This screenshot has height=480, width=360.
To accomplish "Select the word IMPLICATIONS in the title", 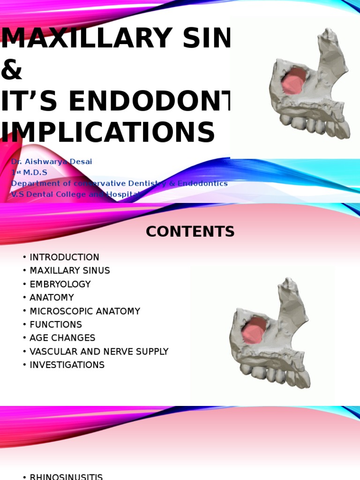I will [108, 132].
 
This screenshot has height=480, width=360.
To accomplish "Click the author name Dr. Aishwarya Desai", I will [52, 162].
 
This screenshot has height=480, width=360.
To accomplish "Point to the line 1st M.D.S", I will [29, 172].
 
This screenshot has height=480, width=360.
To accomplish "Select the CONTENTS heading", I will [190, 232].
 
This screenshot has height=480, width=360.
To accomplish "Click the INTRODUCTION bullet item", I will [64, 257].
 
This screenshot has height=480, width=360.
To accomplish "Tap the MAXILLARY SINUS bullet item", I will [69, 270].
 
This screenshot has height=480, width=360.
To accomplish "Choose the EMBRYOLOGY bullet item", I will [60, 284].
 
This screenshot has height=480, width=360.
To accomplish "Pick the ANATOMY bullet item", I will [52, 298].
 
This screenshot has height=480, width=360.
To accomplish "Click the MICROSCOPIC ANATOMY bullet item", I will [85, 311].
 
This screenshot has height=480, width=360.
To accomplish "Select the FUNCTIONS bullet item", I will [56, 324].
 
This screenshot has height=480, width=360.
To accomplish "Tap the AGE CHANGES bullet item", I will [62, 338].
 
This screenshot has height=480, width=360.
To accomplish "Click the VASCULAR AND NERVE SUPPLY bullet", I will [99, 352].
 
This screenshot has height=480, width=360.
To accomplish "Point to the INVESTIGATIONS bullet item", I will [67, 365].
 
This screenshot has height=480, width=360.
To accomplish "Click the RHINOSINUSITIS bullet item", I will [66, 476].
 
